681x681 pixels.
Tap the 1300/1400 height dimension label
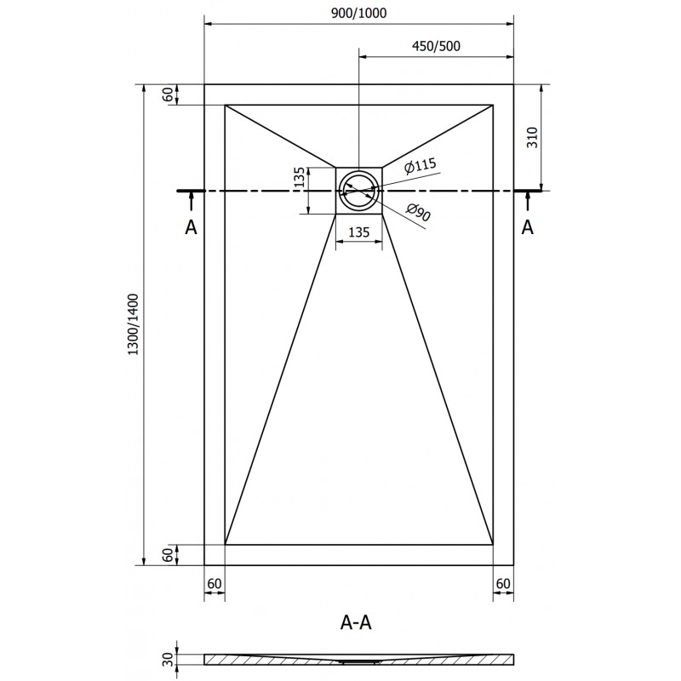(132, 325)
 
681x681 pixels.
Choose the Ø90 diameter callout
(419, 215)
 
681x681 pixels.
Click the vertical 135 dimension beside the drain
(299, 180)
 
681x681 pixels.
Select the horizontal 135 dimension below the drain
(358, 231)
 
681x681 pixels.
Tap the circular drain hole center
(358, 192)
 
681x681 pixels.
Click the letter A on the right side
(528, 226)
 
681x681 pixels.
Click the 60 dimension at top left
(168, 94)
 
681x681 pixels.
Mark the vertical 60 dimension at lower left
(168, 554)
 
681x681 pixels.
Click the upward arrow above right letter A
(528, 202)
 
